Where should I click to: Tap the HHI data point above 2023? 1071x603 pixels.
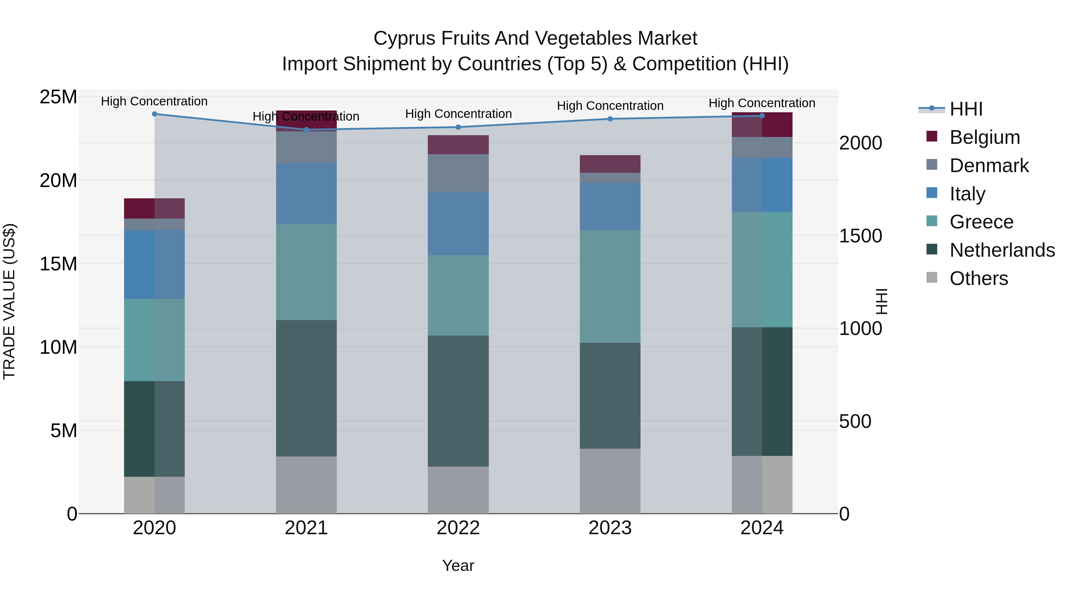pos(610,119)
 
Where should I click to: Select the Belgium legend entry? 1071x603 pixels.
pos(984,137)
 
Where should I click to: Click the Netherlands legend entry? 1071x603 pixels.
pos(1002,250)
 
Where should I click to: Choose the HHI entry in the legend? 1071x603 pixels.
pos(966,109)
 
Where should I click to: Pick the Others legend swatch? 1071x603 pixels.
pos(932,278)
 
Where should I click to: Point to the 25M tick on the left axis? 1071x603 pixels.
pos(58,97)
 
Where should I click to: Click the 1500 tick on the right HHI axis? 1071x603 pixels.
pos(860,236)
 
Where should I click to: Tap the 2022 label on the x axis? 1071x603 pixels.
pos(458,528)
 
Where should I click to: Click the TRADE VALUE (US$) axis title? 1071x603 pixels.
pos(9,301)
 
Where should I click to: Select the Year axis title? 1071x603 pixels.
pos(458,565)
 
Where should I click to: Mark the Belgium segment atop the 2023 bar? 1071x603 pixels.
pos(610,164)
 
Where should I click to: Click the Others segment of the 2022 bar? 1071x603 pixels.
pos(458,490)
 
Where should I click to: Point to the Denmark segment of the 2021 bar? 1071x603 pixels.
pos(306,147)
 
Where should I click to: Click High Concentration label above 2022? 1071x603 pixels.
pos(458,114)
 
